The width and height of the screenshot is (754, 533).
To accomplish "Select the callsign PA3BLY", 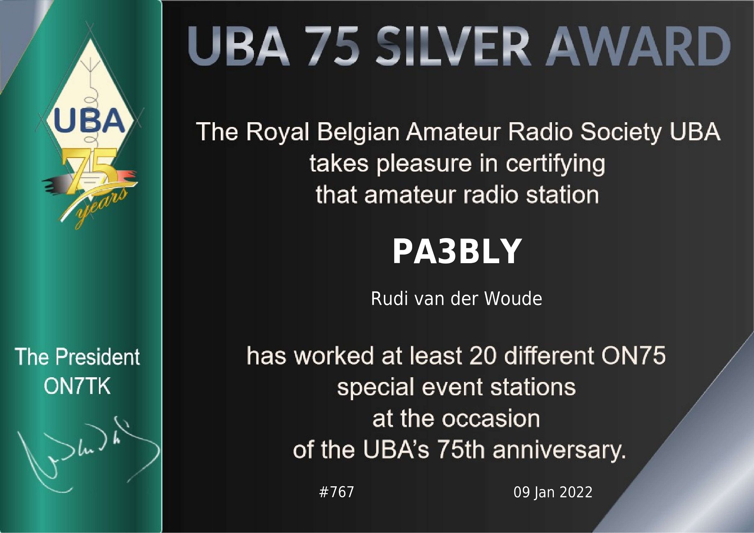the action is tap(457, 251).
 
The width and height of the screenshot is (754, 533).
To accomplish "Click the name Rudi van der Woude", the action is tap(456, 299).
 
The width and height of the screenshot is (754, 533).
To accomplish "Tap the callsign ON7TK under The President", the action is tap(77, 387).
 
